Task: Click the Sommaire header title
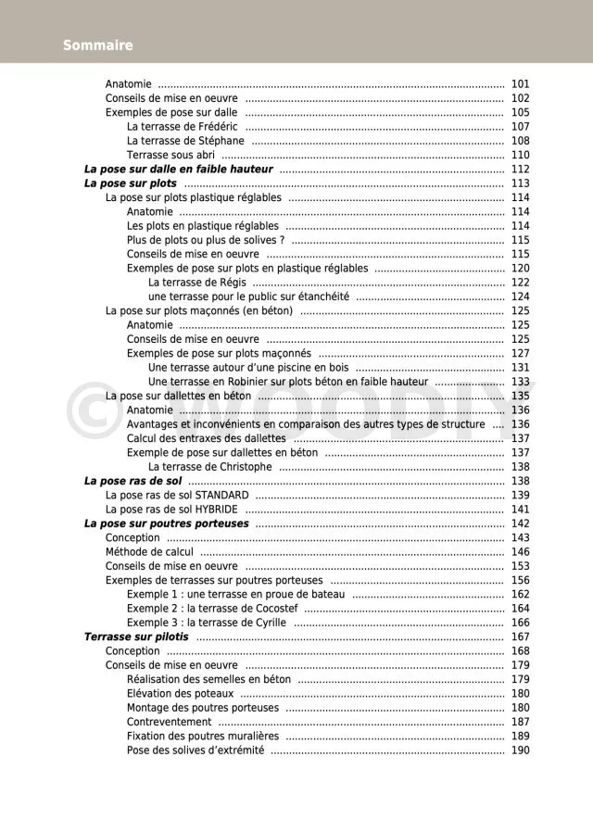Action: [x=98, y=45]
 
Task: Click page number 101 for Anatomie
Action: [x=520, y=84]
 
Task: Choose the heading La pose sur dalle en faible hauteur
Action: [x=178, y=170]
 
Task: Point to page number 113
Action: [x=520, y=183]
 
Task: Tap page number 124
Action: [x=520, y=296]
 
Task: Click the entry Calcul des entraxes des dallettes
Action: [x=207, y=438]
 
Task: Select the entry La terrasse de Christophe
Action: [x=210, y=467]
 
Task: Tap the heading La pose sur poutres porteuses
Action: [x=167, y=523]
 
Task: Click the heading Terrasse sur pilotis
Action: [x=136, y=637]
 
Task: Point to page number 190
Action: [x=520, y=750]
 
